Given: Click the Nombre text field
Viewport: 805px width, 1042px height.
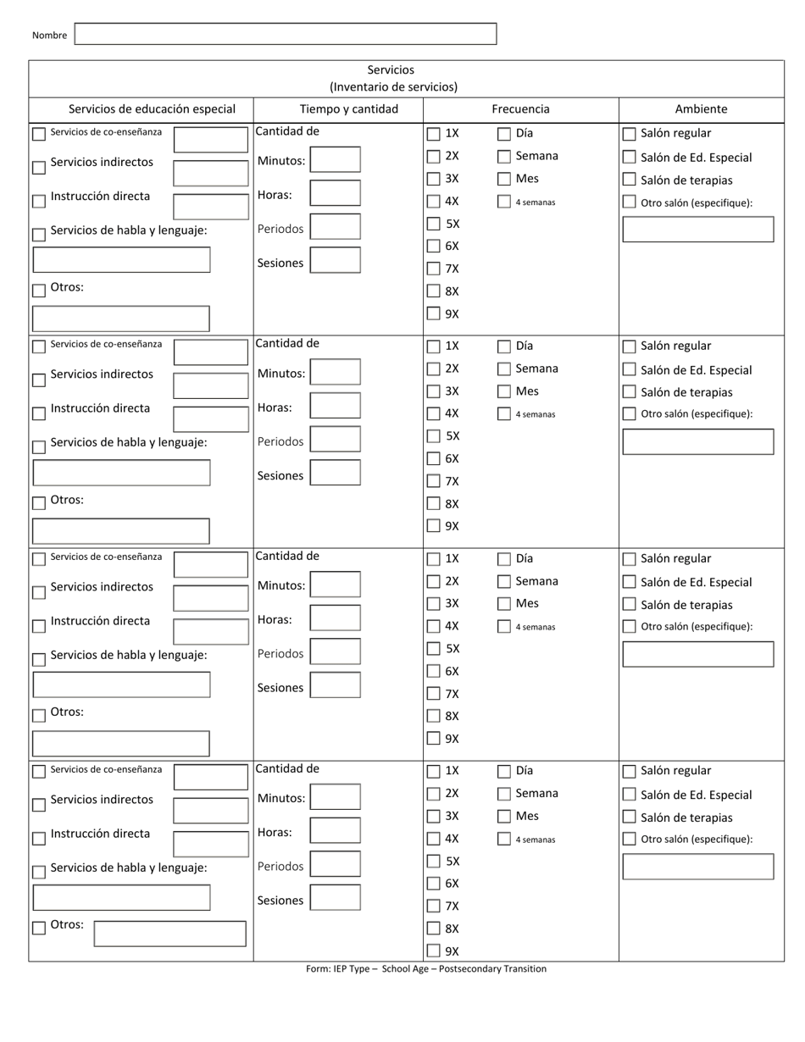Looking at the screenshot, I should point(285,34).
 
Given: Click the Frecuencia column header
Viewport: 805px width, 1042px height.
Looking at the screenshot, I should point(520,109).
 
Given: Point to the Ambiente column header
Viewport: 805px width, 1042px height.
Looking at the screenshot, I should point(701,109).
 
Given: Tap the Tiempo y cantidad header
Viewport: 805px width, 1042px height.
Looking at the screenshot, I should point(337,109).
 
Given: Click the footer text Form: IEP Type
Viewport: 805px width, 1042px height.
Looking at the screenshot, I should point(425,969).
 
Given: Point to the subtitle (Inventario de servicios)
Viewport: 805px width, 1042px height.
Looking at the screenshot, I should point(393,86).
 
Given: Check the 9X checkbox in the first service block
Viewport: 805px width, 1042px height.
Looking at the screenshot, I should point(434,314).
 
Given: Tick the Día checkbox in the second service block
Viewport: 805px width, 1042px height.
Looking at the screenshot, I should point(504,346).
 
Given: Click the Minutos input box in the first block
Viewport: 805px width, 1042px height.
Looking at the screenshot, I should point(335,160).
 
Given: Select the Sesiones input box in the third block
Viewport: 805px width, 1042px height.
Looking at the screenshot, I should point(335,685).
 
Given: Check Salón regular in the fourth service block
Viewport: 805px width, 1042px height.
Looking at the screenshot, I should point(629,772).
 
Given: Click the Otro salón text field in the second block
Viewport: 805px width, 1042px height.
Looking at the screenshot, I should point(698,441).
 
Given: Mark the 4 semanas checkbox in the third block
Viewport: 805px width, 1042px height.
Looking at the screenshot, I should point(504,627).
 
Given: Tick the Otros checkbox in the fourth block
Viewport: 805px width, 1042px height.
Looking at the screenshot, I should point(39,928).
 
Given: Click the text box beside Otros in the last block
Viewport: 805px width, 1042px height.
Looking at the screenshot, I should point(169,934).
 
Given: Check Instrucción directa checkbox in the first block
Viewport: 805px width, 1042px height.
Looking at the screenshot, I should point(39,202).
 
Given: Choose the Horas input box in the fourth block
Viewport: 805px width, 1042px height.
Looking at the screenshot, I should point(335,830).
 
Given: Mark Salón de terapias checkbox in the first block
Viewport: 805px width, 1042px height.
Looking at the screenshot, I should point(629,180).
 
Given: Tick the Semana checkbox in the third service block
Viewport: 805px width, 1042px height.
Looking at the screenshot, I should point(504,582).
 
